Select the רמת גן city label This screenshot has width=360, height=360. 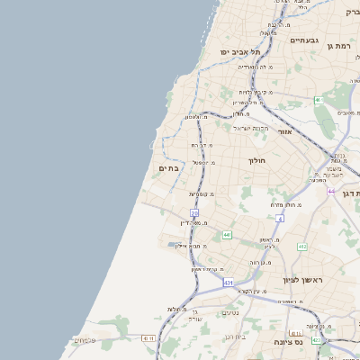[x=342, y=44]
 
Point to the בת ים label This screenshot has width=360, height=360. [x=168, y=167]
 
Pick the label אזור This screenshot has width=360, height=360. [x=285, y=131]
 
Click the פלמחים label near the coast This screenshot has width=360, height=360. [x=85, y=340]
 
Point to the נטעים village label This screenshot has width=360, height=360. [x=230, y=312]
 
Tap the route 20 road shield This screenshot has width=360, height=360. [x=194, y=212]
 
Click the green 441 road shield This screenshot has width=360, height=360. [x=227, y=235]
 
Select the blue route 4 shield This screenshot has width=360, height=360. [x=280, y=219]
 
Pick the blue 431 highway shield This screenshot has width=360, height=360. [x=229, y=282]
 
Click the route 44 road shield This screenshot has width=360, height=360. [x=330, y=192]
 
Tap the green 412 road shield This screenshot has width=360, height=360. [x=301, y=247]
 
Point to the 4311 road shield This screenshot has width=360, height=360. [x=148, y=337]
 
